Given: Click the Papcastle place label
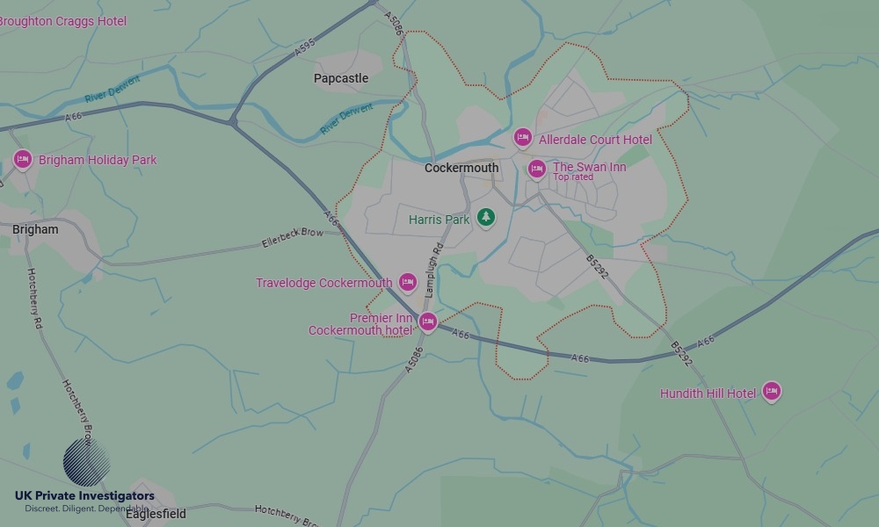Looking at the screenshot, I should click(x=341, y=78).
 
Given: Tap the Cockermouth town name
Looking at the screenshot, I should click(x=461, y=168).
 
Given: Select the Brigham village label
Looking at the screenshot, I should click(x=35, y=229).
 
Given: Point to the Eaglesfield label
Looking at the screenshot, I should click(x=156, y=514).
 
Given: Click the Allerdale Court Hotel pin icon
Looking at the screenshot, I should click(x=523, y=138).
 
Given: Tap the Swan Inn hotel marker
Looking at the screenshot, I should click(x=536, y=169).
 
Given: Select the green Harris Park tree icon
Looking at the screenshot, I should click(x=485, y=217).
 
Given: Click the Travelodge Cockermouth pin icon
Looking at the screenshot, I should click(x=407, y=282).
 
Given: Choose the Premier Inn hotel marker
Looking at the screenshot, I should click(x=427, y=321).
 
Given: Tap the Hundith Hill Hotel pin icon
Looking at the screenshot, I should click(x=771, y=392).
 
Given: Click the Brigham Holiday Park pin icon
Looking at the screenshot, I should click(x=23, y=159).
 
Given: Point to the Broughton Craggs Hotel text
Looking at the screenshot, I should click(x=62, y=21).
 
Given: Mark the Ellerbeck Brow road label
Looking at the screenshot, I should click(x=293, y=238).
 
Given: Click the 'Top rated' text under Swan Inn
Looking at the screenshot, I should click(x=572, y=177).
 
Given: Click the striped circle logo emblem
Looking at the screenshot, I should click(x=86, y=462).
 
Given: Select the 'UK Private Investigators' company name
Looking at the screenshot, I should click(x=84, y=495).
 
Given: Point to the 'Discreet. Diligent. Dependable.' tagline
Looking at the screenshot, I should click(x=86, y=509).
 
